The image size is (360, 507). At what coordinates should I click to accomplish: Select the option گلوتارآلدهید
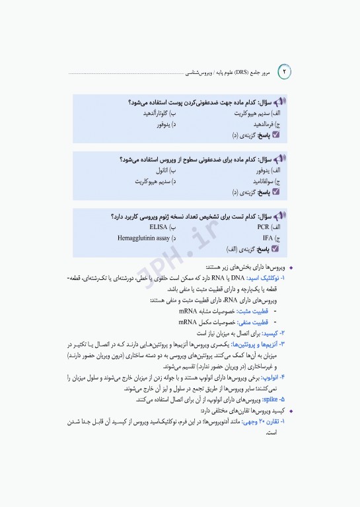[x=157, y=114]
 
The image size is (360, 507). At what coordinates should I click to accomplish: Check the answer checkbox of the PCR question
[x=275, y=250]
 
